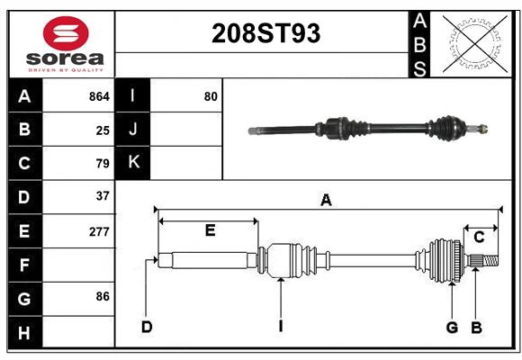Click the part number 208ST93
coord(266,33)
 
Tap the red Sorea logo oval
coord(66,33)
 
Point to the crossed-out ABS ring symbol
coord(475,43)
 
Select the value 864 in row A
coord(99,96)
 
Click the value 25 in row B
coord(103,130)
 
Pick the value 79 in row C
coord(103,164)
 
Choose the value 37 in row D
coord(103,196)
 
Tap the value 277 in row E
coord(99,231)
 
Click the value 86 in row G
coord(103,296)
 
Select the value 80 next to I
coord(211,96)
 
